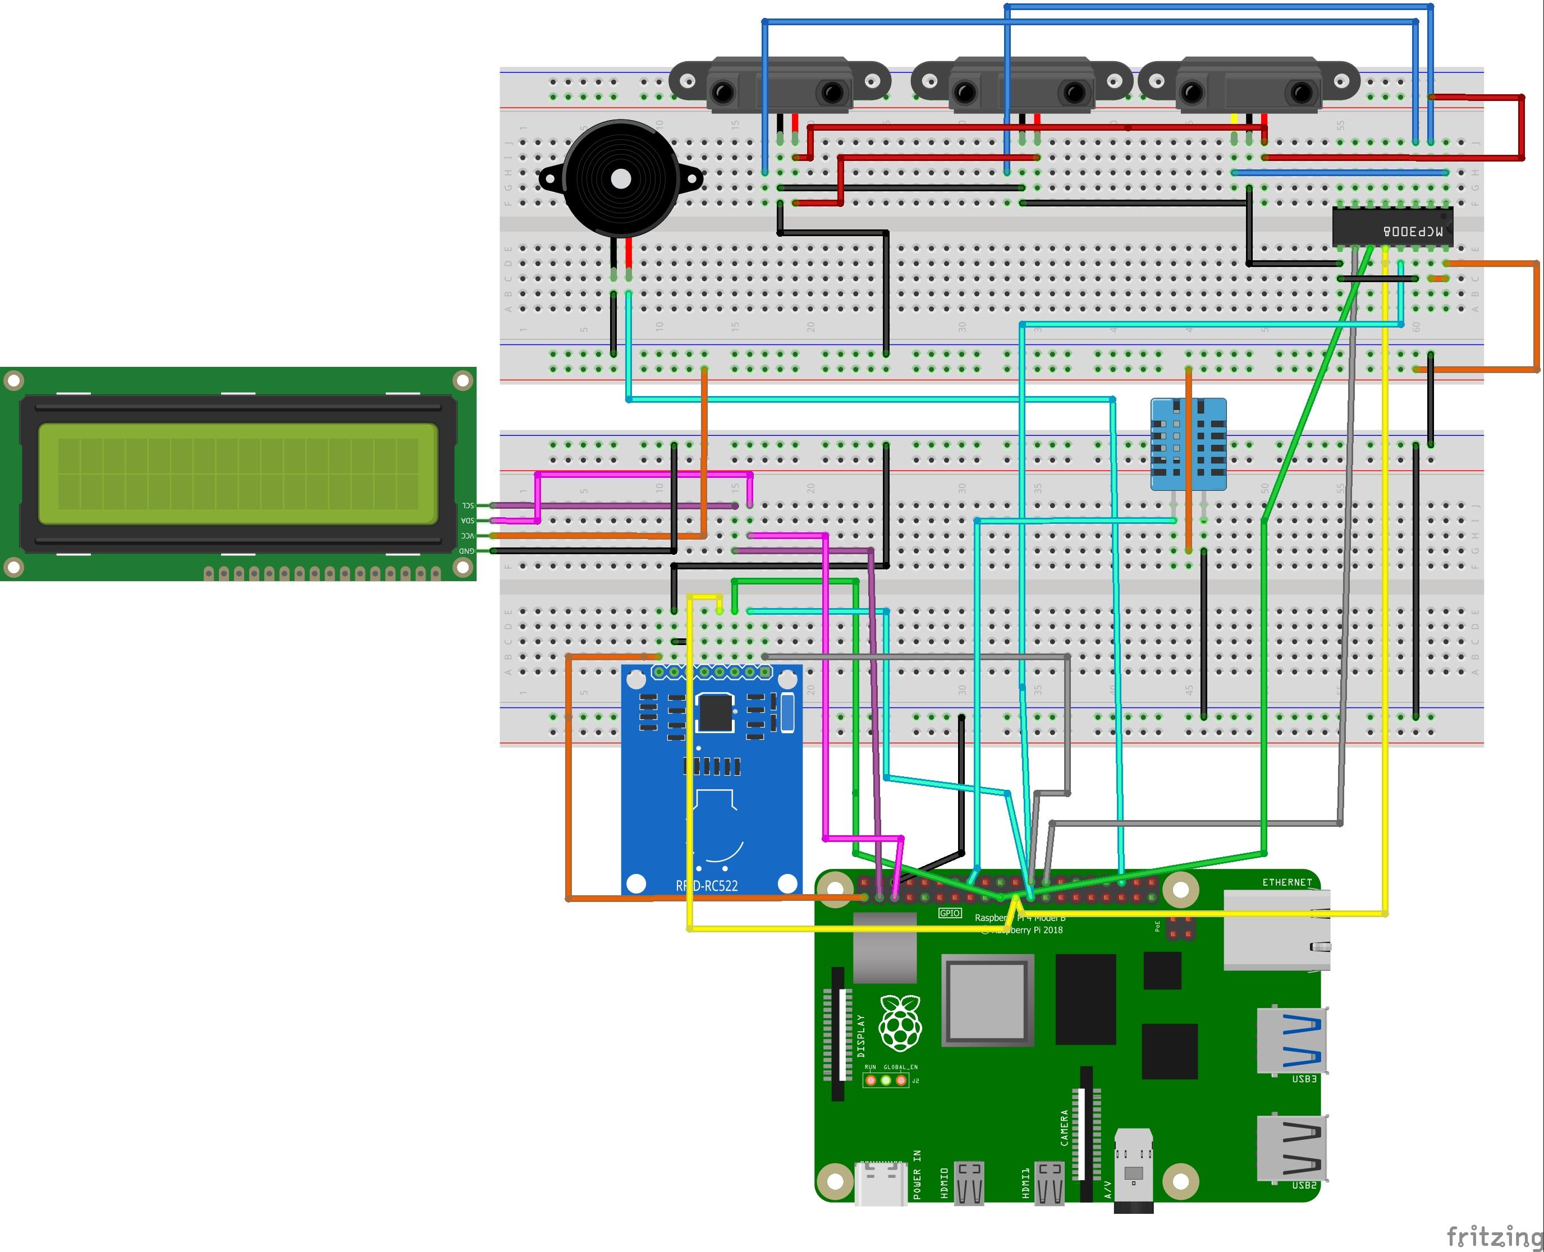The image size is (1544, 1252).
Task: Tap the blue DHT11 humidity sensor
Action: pos(1188,444)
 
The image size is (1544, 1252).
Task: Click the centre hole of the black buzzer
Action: pos(619,178)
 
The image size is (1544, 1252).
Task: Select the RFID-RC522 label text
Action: pos(707,886)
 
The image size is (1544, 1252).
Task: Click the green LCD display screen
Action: pos(237,473)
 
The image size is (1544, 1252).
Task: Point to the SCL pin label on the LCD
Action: pos(468,505)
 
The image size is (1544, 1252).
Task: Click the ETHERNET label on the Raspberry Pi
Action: pos(1286,882)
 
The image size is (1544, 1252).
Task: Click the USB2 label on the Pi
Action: pos(1304,1185)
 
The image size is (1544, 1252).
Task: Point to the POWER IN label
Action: pos(917,1174)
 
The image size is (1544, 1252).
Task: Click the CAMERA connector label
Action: pos(1064,1128)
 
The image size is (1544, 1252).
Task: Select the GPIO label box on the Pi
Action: pos(950,913)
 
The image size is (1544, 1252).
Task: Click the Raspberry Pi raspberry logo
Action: pos(900,1022)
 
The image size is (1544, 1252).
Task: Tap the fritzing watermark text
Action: pos(1493,1235)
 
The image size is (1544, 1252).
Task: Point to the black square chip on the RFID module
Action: pos(715,712)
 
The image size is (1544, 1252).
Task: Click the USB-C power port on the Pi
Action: pos(880,1184)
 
